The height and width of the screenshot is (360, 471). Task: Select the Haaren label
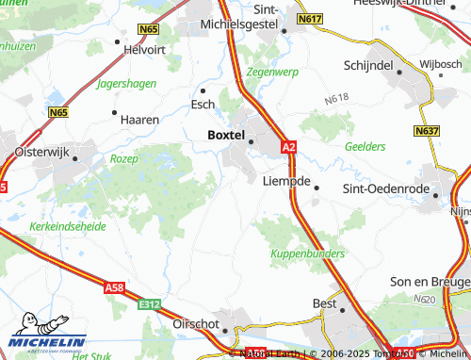[140, 120]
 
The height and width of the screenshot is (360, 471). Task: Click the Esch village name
[203, 105]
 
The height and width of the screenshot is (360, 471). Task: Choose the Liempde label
[285, 180]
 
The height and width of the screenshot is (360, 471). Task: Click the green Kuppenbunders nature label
[307, 254]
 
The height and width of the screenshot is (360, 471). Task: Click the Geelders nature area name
[365, 147]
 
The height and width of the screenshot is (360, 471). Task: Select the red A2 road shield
[288, 147]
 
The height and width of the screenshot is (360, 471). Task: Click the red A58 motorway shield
[115, 286]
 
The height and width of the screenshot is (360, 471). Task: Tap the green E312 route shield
[148, 304]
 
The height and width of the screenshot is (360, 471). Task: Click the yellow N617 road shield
[309, 18]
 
